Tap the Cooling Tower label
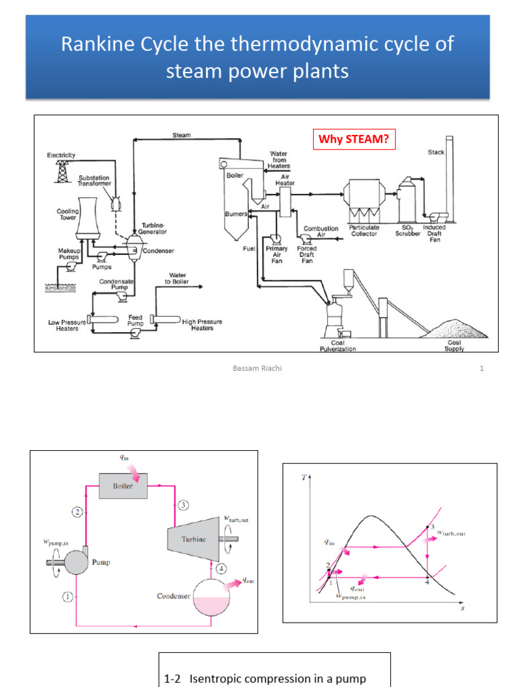67,214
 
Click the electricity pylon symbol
62,171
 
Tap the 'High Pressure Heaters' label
202,325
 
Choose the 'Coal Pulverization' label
338,346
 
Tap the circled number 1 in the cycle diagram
68,595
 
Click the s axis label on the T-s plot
463,609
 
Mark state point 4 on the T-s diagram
427,581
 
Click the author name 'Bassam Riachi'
257,368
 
